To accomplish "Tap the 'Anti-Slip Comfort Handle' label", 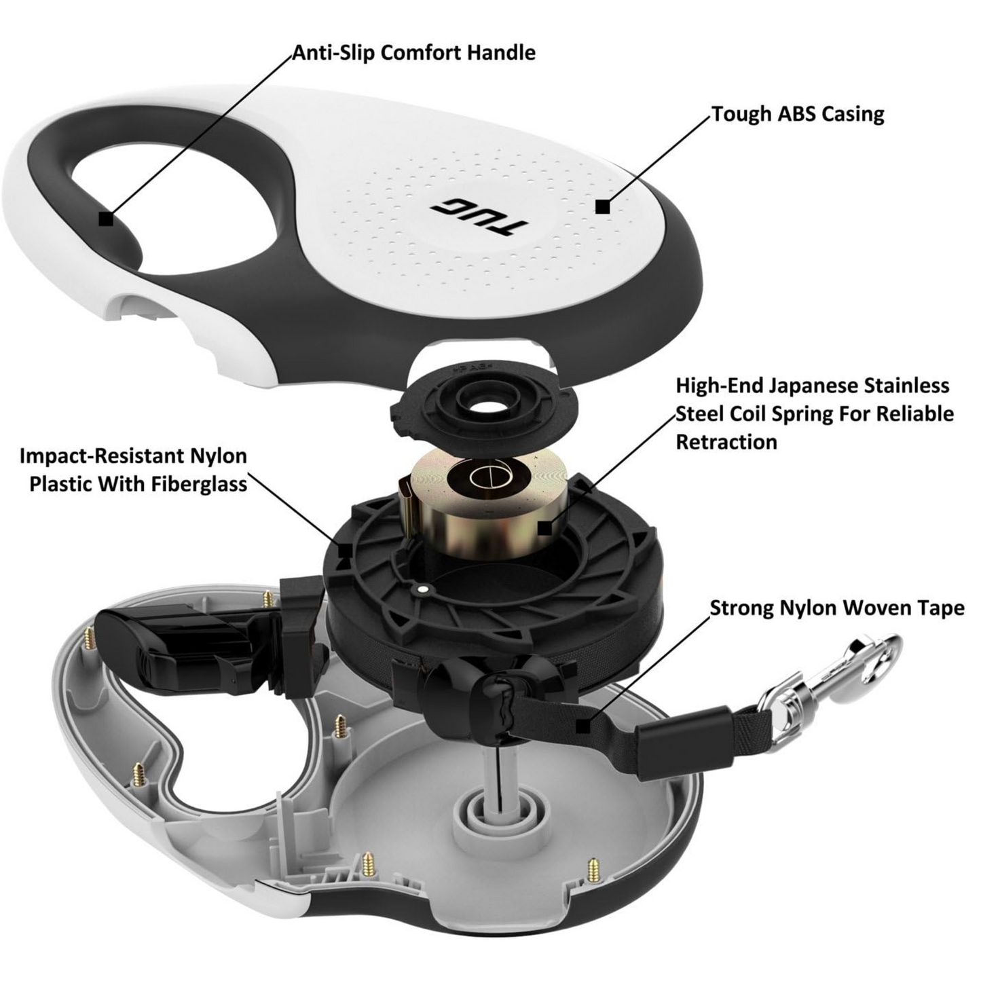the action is pos(414,53).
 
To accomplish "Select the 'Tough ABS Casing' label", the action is pos(798,114).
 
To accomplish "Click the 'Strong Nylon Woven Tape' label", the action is pos(837,608).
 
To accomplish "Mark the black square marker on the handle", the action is pos(106,219).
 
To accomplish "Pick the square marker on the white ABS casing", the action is pos(603,206).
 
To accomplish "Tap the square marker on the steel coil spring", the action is pos(545,528).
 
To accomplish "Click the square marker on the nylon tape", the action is pos(583,726).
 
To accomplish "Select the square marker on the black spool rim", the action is pos(346,551).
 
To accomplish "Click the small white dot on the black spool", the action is pos(422,589).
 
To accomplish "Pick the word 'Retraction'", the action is pos(726,442).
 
